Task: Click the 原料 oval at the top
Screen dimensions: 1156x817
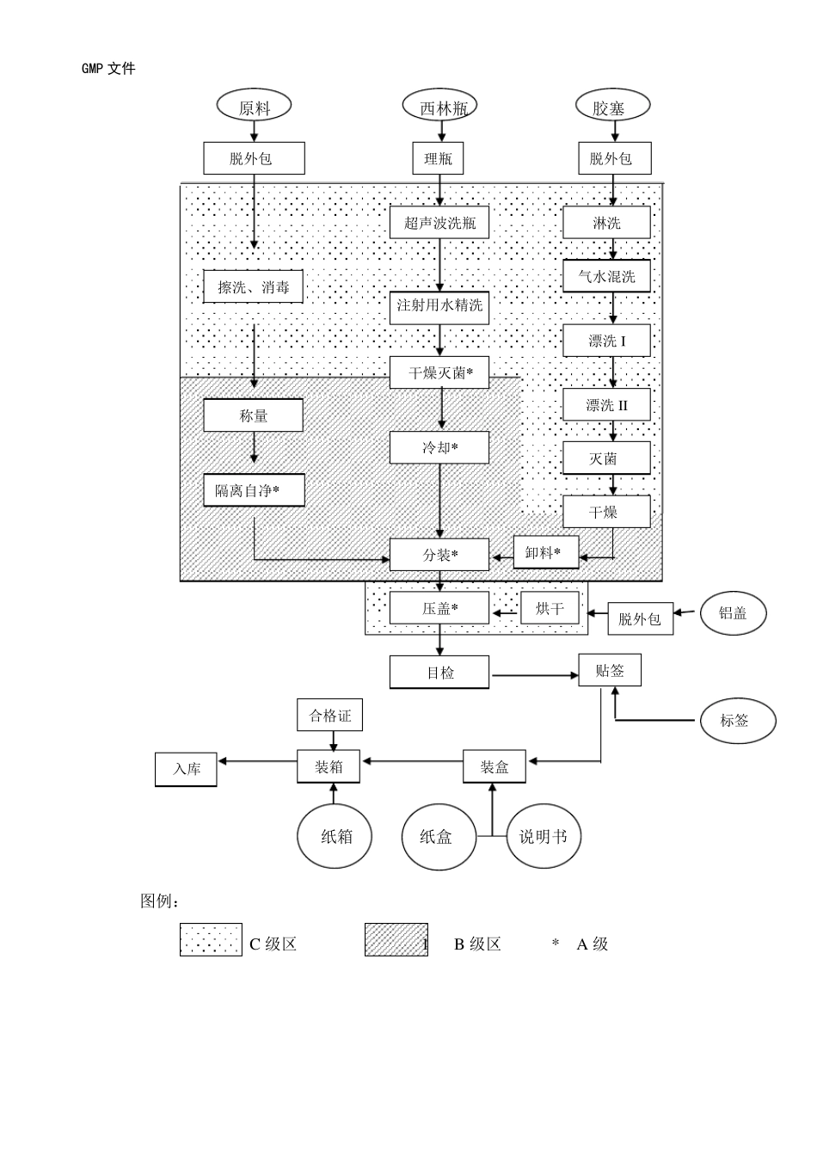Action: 254,107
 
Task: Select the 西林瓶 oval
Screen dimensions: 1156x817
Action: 439,107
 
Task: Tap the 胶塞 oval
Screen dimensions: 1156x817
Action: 611,107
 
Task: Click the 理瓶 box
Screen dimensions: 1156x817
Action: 438,158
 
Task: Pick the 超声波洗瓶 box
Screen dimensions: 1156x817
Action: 439,223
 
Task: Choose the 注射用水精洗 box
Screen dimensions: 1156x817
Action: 439,306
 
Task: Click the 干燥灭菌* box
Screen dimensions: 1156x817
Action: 439,372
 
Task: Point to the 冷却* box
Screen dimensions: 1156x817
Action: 439,447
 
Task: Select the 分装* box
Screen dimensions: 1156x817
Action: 439,555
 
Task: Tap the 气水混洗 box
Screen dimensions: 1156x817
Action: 606,276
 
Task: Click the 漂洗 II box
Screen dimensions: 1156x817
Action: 606,405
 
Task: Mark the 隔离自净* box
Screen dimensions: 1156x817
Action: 254,490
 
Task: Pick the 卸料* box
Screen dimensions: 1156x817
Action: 546,552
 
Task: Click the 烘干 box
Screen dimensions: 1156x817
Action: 550,608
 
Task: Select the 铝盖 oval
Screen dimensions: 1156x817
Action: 733,613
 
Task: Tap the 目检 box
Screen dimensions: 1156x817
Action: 439,673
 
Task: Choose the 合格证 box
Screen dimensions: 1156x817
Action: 330,715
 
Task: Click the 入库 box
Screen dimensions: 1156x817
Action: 186,769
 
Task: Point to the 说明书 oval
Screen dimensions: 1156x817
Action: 544,836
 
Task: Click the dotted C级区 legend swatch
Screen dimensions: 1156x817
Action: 211,940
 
